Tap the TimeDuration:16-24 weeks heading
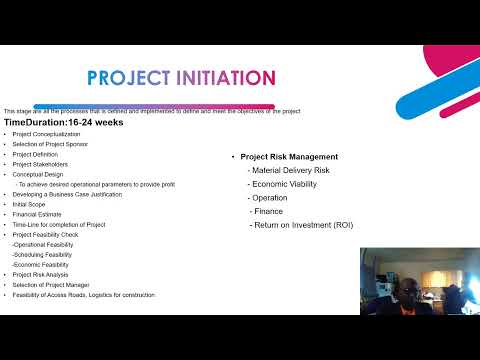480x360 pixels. (63, 122)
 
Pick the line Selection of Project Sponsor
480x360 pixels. (50, 145)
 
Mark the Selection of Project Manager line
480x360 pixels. (50, 285)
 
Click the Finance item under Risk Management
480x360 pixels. (268, 212)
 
